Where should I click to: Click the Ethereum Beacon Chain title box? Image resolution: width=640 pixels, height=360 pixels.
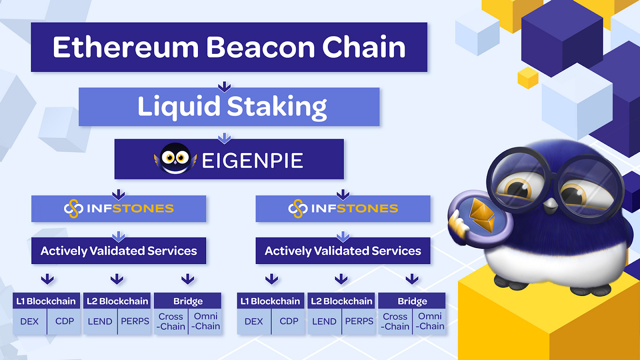229,47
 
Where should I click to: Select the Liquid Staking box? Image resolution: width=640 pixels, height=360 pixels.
229,106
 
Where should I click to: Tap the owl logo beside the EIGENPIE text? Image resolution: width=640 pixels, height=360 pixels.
176,159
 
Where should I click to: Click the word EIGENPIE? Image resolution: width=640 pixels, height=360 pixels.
252,160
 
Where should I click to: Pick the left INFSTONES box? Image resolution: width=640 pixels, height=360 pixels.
118,209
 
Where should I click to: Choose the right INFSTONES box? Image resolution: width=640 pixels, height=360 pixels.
343,209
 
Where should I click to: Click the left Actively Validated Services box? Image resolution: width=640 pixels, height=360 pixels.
118,251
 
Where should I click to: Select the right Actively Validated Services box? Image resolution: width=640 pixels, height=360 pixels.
343,251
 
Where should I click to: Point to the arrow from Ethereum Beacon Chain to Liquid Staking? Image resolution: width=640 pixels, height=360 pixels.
224,86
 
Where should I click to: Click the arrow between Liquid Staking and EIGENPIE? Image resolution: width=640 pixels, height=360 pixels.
224,138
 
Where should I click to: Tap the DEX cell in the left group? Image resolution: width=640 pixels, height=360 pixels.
30,321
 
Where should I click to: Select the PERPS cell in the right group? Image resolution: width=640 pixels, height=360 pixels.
359,321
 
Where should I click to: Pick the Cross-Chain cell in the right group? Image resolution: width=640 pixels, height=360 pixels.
395,321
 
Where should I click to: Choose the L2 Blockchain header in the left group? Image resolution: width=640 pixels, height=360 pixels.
117,301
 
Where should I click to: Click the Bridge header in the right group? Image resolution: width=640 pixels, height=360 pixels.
412,301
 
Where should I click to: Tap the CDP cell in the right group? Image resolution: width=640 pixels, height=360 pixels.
289,321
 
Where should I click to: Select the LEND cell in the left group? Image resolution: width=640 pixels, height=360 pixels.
100,321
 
